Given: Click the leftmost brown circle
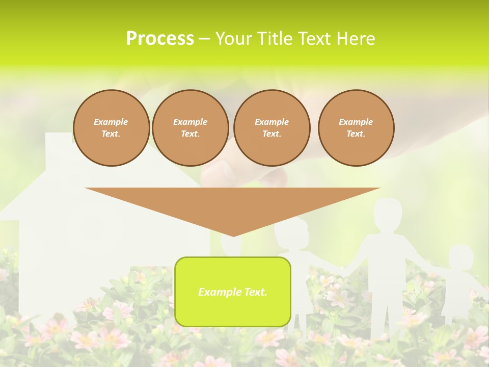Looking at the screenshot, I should tap(112, 128).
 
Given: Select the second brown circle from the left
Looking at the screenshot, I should tap(191, 128).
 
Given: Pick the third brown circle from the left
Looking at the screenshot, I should tap(272, 128).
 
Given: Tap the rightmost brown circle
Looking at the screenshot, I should tap(356, 128).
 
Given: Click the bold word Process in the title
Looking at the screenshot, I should tap(160, 38).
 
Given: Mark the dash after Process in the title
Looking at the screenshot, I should tap(205, 39).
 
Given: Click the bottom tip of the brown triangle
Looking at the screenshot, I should tap(233, 235).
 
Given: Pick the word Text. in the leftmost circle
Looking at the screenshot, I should tap(111, 134).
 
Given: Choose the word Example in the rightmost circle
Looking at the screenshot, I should tap(356, 122).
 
